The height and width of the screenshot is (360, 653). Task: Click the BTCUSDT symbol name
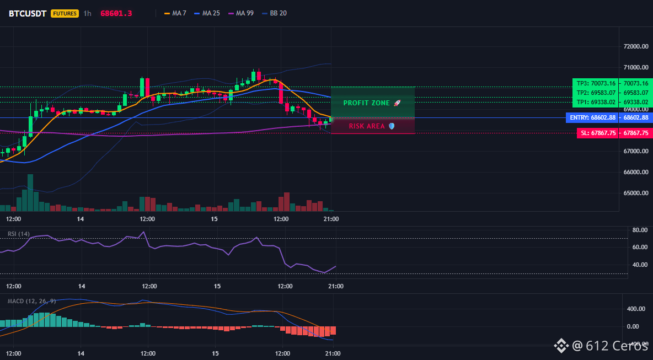[x=28, y=13]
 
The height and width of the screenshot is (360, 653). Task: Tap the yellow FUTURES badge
[x=65, y=13]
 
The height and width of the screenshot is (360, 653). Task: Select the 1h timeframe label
[x=87, y=13]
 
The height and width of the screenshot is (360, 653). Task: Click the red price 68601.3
[x=116, y=13]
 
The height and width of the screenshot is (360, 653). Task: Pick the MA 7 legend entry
[x=175, y=13]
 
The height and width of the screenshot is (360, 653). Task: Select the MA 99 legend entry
[x=240, y=13]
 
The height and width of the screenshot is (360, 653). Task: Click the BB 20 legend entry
[x=274, y=13]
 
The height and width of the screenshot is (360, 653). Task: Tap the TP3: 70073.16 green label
[x=596, y=83]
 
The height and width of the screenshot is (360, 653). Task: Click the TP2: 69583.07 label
[x=596, y=93]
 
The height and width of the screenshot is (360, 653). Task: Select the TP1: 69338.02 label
[x=596, y=103]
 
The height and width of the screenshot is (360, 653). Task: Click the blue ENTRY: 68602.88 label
[x=592, y=118]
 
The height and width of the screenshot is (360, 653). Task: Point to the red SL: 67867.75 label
[x=598, y=133]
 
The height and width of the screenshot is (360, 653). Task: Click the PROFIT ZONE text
[x=366, y=103]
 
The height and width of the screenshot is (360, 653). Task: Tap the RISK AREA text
[x=367, y=126]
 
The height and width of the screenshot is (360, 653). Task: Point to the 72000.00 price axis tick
[x=636, y=46]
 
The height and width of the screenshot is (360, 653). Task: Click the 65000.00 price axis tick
[x=636, y=193]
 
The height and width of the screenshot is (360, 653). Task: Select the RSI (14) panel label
[x=19, y=234]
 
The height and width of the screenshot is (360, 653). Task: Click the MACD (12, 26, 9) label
[x=31, y=301]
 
